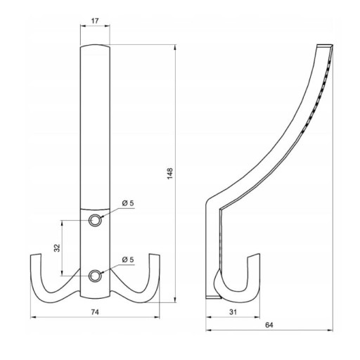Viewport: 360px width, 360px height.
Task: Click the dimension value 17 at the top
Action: (95, 21)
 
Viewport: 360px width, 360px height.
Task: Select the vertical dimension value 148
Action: (170, 174)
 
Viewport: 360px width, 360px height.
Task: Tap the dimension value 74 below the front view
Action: (95, 312)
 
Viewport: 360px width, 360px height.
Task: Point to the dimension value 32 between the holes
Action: (57, 248)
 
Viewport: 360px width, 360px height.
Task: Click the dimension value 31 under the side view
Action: (233, 312)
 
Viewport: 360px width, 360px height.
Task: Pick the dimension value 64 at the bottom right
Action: (269, 325)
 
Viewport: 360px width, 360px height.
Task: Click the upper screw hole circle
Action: (95, 221)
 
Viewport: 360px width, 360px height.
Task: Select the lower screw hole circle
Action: (95, 276)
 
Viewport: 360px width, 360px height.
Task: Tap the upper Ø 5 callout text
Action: (128, 203)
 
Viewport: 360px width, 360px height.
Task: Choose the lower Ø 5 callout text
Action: (128, 259)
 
